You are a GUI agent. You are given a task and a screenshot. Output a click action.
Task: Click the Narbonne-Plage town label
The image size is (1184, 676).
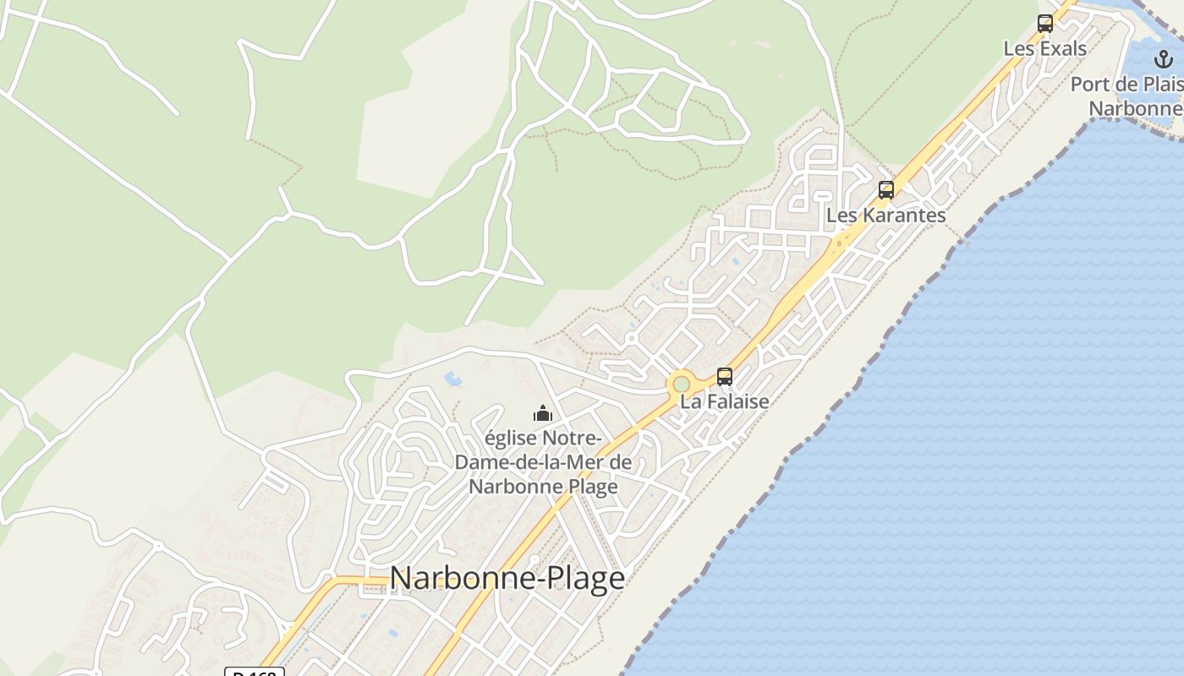click(x=507, y=578)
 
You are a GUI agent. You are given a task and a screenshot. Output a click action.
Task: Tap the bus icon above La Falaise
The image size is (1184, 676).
click(x=725, y=377)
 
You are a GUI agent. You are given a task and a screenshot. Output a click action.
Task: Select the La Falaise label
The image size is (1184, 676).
click(x=725, y=401)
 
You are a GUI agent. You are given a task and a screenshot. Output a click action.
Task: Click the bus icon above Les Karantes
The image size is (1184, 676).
click(x=885, y=190)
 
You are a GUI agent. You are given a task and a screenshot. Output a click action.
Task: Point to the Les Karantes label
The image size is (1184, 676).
click(x=885, y=215)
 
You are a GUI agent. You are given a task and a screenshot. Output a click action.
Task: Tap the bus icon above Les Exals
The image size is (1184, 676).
click(x=1045, y=24)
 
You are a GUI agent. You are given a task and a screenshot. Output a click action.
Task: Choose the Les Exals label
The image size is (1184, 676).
click(x=1045, y=49)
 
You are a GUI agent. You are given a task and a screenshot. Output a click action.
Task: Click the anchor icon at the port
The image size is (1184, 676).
click(x=1164, y=59)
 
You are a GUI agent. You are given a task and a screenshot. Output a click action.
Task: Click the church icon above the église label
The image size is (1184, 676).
click(x=542, y=413)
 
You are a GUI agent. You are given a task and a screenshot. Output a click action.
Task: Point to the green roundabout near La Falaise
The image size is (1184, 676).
click(x=681, y=384)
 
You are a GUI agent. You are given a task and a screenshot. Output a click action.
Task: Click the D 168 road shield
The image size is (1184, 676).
click(x=255, y=673)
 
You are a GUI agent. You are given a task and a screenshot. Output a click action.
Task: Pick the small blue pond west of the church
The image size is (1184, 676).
click(x=452, y=379)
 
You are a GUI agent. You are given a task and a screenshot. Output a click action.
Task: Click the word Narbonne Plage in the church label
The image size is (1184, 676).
click(x=543, y=487)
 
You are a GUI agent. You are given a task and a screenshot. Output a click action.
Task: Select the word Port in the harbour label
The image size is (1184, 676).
click(x=1089, y=85)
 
